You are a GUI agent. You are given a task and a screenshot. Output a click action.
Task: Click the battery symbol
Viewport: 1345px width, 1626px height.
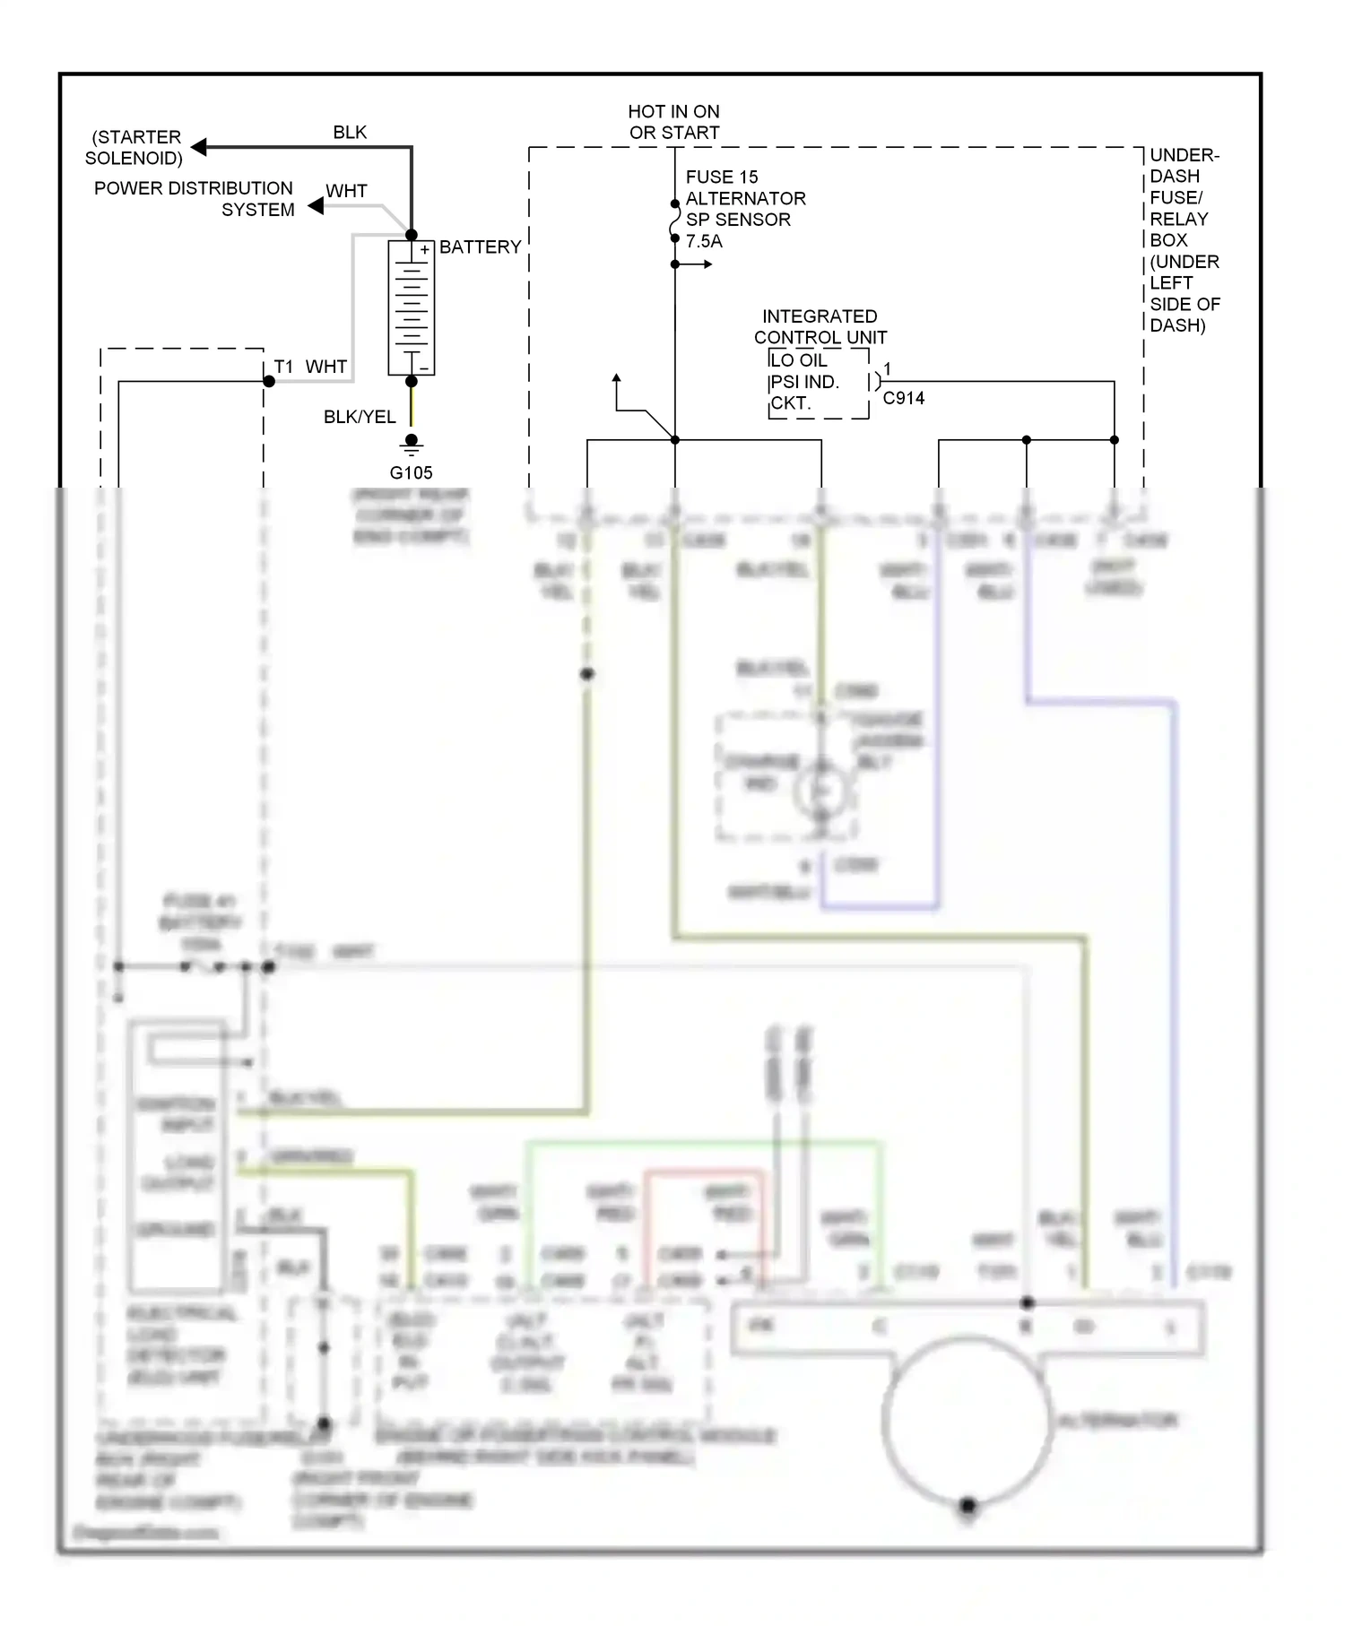tap(411, 307)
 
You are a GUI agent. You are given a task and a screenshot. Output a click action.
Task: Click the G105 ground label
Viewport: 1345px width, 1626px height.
tap(411, 472)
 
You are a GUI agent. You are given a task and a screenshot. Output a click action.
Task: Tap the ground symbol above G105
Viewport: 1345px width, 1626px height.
tap(411, 444)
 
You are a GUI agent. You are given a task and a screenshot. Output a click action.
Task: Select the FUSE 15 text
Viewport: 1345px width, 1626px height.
tap(721, 177)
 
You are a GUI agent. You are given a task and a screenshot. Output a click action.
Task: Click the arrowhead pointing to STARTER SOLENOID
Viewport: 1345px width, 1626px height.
tap(199, 147)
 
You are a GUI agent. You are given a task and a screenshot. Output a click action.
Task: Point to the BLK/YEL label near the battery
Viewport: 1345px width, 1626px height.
tap(359, 417)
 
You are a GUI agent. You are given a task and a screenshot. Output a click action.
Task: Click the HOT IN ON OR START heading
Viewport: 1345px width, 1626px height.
tap(673, 122)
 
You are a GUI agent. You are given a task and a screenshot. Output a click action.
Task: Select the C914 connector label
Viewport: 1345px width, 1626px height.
tap(903, 398)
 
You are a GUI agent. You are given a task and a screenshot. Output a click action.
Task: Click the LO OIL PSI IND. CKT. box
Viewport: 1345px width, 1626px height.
tap(818, 383)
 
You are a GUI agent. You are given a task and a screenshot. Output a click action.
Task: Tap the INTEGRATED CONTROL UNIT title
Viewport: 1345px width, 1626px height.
tap(820, 327)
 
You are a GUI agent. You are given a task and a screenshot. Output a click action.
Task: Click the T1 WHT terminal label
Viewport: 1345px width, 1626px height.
tap(310, 367)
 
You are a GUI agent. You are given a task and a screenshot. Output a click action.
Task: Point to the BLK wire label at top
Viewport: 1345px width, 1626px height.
tap(350, 132)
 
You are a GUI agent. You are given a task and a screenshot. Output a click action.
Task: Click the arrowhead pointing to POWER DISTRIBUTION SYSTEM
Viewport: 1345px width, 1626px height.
tap(316, 206)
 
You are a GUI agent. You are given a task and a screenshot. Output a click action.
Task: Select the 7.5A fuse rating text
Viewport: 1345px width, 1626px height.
tap(704, 241)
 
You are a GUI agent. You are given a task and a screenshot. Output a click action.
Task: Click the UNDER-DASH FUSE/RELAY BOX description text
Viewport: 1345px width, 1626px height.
tap(1184, 240)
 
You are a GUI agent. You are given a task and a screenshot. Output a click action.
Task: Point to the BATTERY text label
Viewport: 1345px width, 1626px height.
tap(480, 247)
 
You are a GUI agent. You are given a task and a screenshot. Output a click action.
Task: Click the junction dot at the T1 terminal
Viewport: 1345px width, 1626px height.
tap(269, 382)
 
